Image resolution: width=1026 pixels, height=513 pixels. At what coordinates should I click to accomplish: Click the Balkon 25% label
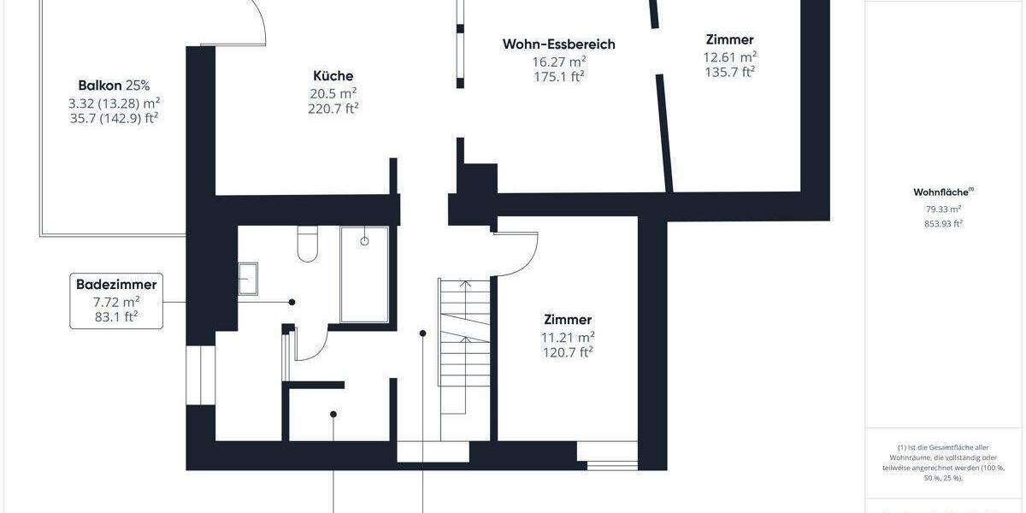click(114, 85)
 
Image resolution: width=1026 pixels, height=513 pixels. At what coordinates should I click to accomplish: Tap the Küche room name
click(333, 76)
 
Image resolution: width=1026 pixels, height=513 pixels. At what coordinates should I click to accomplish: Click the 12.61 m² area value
click(729, 57)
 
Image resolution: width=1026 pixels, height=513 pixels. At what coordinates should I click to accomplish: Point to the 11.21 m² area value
click(567, 336)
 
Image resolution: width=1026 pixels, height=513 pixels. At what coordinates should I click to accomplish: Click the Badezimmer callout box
click(116, 301)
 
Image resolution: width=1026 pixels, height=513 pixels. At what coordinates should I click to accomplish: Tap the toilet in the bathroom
click(306, 244)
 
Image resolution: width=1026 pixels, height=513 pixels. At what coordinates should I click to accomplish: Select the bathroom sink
click(248, 280)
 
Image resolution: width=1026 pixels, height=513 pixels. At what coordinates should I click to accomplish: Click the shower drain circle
click(365, 241)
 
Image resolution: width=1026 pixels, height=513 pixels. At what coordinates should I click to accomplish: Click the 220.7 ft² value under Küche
click(333, 109)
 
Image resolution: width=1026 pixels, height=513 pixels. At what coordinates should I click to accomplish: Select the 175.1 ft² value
click(558, 77)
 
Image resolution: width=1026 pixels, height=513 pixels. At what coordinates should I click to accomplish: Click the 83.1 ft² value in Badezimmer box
click(116, 317)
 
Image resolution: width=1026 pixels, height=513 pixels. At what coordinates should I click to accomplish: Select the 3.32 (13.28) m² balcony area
click(114, 103)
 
